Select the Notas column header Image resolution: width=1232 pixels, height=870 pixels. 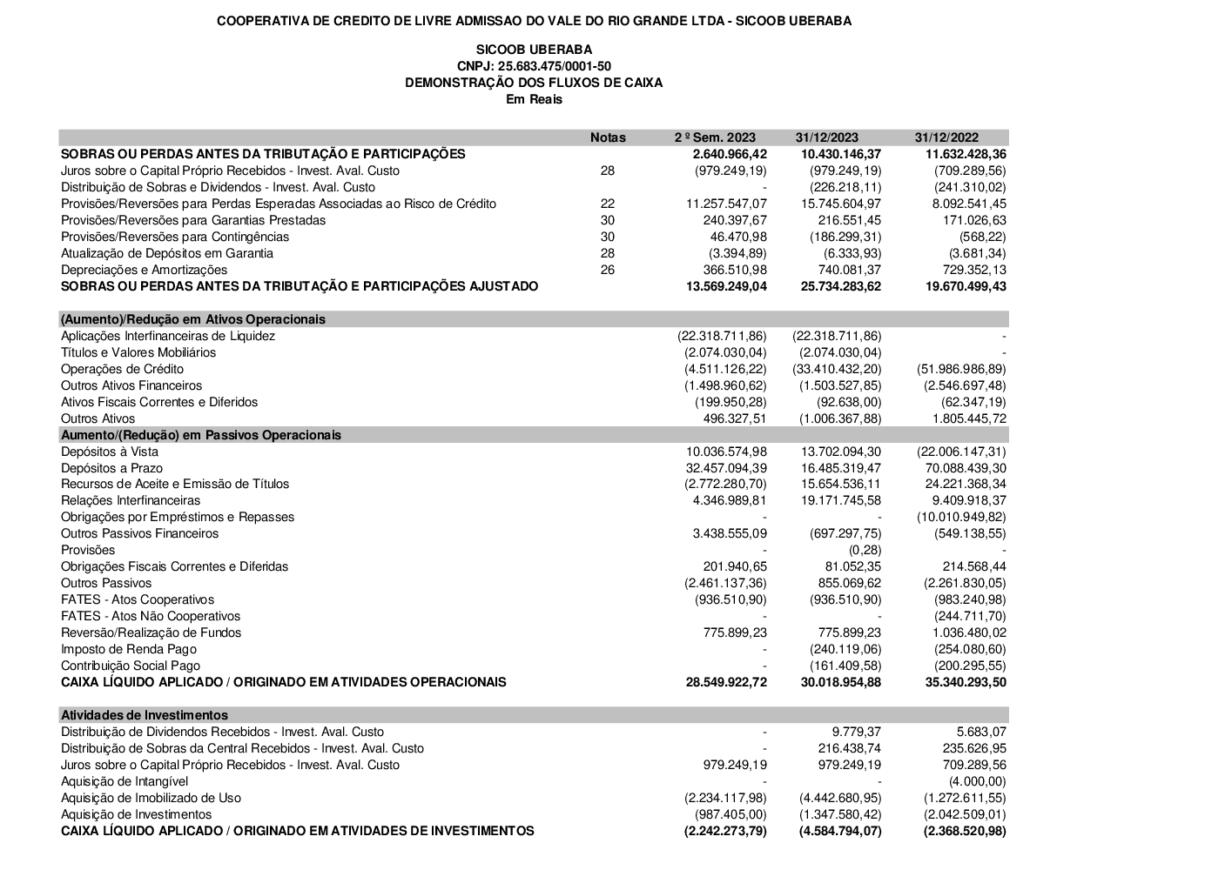coord(608,137)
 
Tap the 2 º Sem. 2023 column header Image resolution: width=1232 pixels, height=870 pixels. coord(715,137)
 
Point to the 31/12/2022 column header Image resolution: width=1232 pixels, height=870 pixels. coord(946,137)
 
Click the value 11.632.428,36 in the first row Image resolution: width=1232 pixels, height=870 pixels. coord(960,154)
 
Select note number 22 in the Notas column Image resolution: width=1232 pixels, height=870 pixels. coord(608,204)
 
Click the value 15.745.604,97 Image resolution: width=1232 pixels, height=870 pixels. coord(837,204)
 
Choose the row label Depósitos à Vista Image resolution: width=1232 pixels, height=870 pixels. coord(110,452)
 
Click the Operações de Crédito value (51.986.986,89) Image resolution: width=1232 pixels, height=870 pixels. coord(960,369)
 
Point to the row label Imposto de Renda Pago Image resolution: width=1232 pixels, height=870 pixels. coord(129,649)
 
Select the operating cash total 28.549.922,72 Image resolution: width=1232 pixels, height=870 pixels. coord(726,682)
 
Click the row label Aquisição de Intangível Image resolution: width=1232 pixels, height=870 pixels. coord(125,781)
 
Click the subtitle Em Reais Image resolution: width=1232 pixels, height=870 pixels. coord(534,99)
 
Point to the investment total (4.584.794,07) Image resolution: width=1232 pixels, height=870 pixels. coord(839,831)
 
